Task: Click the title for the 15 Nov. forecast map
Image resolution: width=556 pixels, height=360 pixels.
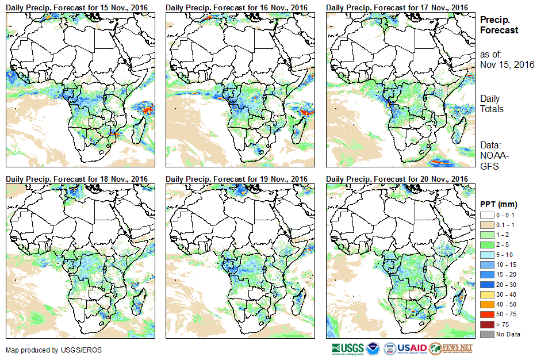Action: tap(77, 7)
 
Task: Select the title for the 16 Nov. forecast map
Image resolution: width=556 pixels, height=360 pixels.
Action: tap(237, 7)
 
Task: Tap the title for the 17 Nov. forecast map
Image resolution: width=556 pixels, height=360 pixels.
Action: tap(397, 7)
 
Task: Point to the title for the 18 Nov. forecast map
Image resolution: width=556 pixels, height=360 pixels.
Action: tap(77, 179)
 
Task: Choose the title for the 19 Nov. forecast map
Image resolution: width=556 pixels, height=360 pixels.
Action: tap(237, 179)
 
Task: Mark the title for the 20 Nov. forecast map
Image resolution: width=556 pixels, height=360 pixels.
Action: tap(397, 179)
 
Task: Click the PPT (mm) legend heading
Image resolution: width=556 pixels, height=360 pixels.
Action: tap(499, 204)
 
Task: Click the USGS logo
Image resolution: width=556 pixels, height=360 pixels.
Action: tap(346, 348)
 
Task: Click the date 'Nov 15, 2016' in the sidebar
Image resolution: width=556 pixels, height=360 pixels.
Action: tap(507, 64)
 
